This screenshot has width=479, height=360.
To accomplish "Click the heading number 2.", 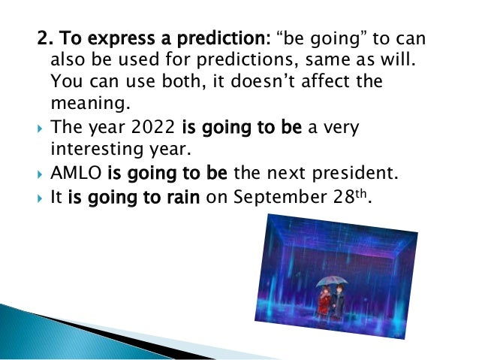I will pos(44,37).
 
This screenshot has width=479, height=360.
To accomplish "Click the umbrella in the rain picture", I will pos(331,281).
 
